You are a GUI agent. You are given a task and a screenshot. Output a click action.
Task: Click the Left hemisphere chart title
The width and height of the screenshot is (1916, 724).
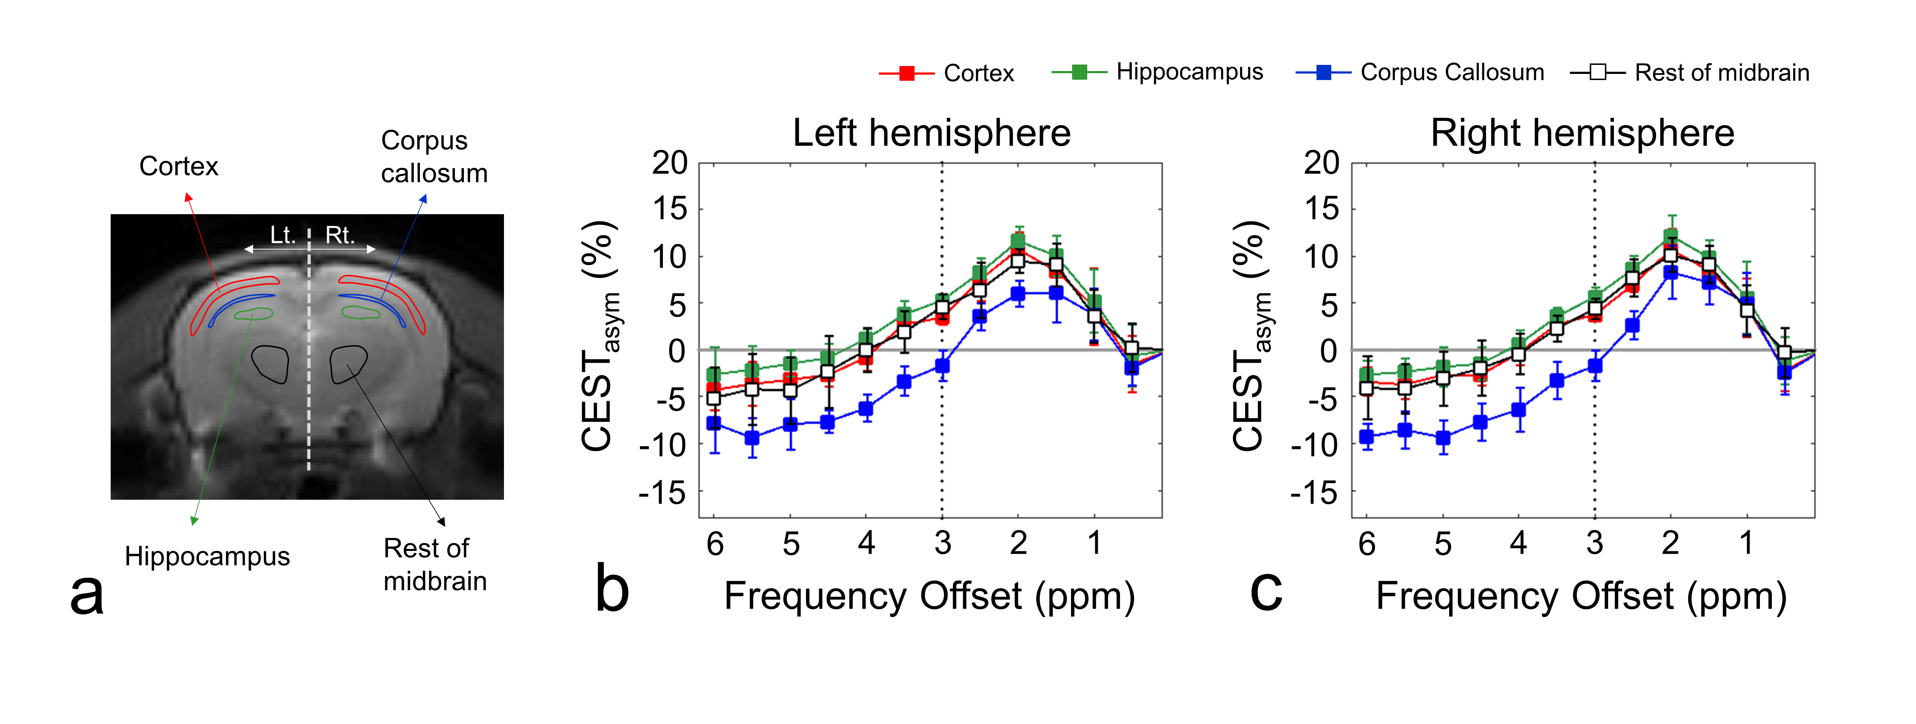pyautogui.click(x=931, y=133)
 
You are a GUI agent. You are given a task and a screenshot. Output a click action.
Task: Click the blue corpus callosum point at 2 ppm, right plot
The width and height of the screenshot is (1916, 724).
pyautogui.click(x=1671, y=272)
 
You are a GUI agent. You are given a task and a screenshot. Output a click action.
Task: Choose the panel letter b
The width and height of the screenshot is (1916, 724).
pyautogui.click(x=612, y=589)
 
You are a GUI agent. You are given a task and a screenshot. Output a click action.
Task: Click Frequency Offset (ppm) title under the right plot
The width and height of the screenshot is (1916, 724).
pyautogui.click(x=1581, y=597)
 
